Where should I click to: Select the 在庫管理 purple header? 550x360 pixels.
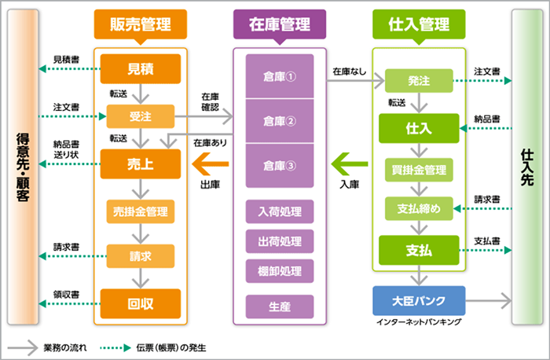click(x=279, y=24)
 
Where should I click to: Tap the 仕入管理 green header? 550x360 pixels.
click(x=420, y=24)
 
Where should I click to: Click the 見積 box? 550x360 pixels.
click(x=140, y=69)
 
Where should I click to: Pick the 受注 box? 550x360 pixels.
click(x=140, y=117)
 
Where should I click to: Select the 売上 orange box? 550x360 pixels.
click(x=140, y=163)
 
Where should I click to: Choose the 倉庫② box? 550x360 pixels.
click(x=279, y=121)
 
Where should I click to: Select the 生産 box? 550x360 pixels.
click(x=279, y=305)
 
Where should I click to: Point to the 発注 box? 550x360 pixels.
click(x=419, y=80)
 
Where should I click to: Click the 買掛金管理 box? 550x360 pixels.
click(x=419, y=169)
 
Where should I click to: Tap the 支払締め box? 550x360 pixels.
click(x=419, y=208)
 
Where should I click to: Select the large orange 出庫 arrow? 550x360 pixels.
click(x=211, y=164)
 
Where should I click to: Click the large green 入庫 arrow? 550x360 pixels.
click(x=349, y=164)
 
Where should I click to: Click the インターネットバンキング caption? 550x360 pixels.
click(x=419, y=322)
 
